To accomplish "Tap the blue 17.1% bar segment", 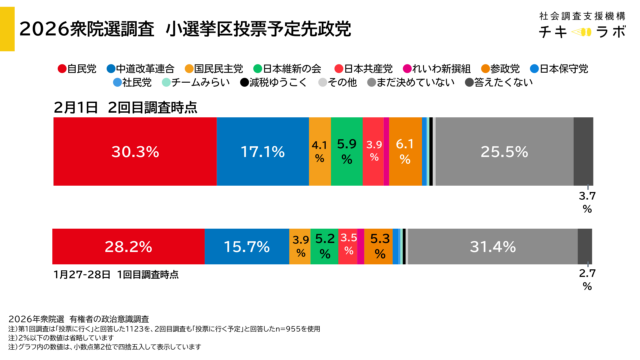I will pyautogui.click(x=263, y=151).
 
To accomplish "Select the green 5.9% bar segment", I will pyautogui.click(x=347, y=151).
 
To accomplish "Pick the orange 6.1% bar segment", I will pyautogui.click(x=405, y=151).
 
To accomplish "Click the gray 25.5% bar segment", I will pyautogui.click(x=504, y=151).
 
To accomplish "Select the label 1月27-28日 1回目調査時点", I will pyautogui.click(x=116, y=273).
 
